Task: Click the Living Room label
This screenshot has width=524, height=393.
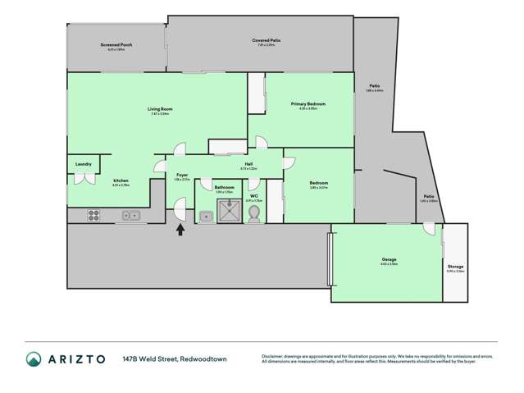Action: tap(160, 109)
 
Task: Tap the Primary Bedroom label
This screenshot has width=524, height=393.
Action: tap(308, 104)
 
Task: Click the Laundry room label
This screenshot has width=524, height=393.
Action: tap(83, 164)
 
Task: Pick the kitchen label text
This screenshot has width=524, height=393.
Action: tap(121, 181)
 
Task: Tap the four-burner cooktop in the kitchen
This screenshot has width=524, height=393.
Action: tap(93, 217)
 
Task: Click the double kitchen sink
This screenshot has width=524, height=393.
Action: tap(131, 216)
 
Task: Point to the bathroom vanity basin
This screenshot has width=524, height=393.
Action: tap(206, 217)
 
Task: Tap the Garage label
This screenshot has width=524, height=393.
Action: tap(389, 259)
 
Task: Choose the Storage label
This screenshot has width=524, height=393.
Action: tap(455, 267)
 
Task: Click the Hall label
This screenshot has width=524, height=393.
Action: tap(248, 164)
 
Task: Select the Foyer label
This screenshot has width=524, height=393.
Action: tap(182, 175)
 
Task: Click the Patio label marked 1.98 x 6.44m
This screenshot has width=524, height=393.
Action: tap(374, 86)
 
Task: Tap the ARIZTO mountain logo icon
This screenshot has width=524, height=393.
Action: tap(34, 359)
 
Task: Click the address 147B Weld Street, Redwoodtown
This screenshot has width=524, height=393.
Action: tap(175, 359)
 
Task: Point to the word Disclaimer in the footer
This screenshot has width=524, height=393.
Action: tap(276, 356)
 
